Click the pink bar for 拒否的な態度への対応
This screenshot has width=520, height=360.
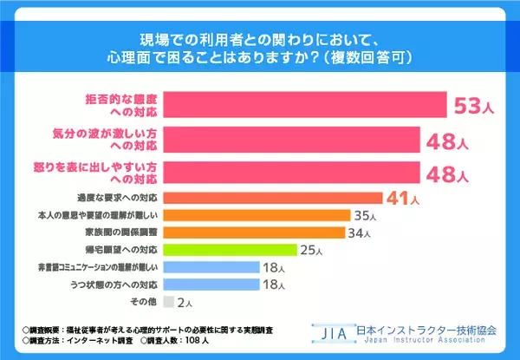click(304, 106)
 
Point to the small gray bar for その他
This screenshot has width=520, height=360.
click(166, 302)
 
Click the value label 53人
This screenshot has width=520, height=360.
click(475, 107)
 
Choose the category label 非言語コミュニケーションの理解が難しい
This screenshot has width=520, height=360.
click(107, 267)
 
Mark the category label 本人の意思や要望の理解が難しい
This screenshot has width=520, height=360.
click(108, 215)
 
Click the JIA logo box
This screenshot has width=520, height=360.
click(333, 333)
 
